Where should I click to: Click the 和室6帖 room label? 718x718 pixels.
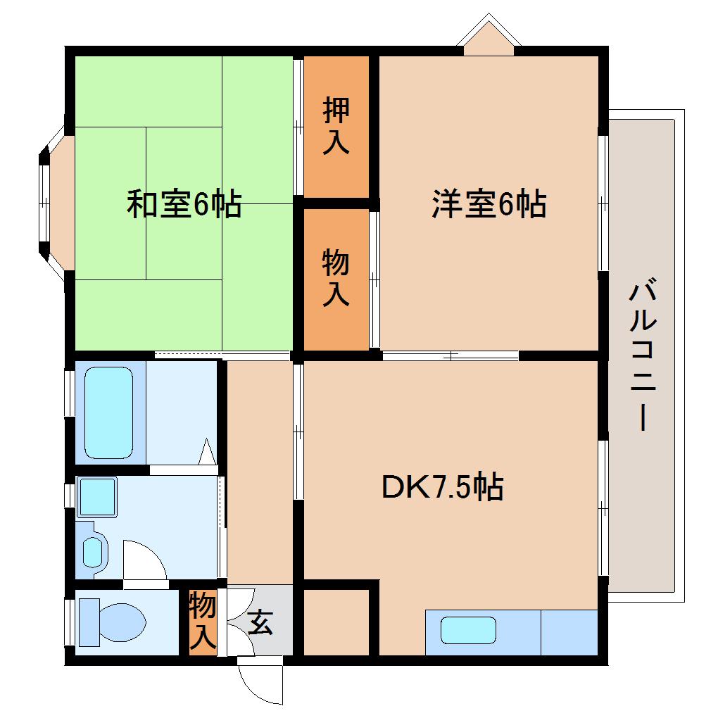pyautogui.click(x=184, y=204)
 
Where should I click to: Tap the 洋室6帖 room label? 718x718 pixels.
pyautogui.click(x=489, y=204)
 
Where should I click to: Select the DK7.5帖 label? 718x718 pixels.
pyautogui.click(x=442, y=486)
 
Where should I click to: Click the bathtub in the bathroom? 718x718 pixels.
pyautogui.click(x=108, y=412)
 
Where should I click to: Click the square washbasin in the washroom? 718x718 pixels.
pyautogui.click(x=96, y=497)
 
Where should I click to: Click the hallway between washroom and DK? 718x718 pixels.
pyautogui.click(x=259, y=472)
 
